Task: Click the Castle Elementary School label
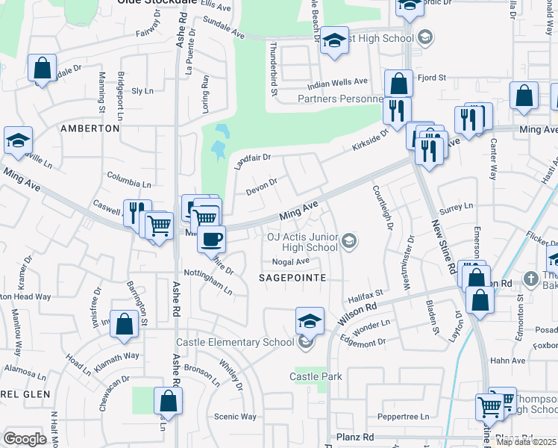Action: point(235,343)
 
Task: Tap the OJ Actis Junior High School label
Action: point(302,242)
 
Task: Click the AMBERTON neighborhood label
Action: point(90,128)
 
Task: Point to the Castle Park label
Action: point(316,376)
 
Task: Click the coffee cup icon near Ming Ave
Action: point(212,239)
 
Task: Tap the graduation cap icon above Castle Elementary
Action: point(310,321)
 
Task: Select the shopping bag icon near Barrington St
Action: point(125,323)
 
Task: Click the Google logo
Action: point(25,439)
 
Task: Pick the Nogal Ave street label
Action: point(290,261)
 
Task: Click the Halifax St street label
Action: point(366,298)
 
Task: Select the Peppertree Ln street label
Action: point(405,417)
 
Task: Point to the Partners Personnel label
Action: point(340,99)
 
